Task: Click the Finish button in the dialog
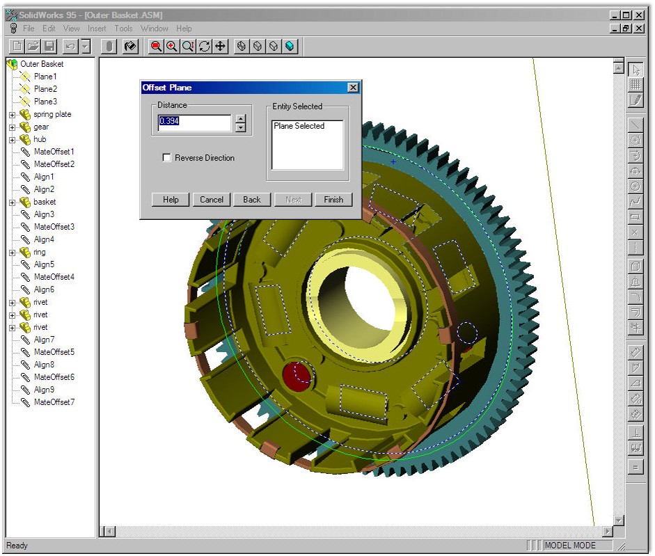[x=333, y=200]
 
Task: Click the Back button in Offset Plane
[x=252, y=200]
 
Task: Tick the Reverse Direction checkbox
[x=167, y=158]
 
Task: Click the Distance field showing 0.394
[x=194, y=122]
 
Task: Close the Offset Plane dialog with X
[x=353, y=88]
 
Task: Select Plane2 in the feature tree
[x=45, y=89]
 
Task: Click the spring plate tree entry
[x=52, y=114]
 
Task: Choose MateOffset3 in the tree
[x=54, y=227]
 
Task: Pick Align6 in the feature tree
[x=44, y=289]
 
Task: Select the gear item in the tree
[x=41, y=127]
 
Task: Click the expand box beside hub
[x=12, y=139]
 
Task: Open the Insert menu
[x=97, y=29]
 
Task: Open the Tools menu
[x=123, y=29]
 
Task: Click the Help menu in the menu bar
[x=184, y=29]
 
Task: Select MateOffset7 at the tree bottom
[x=54, y=402]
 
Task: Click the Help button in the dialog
[x=171, y=200]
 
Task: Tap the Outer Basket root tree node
[x=41, y=64]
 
